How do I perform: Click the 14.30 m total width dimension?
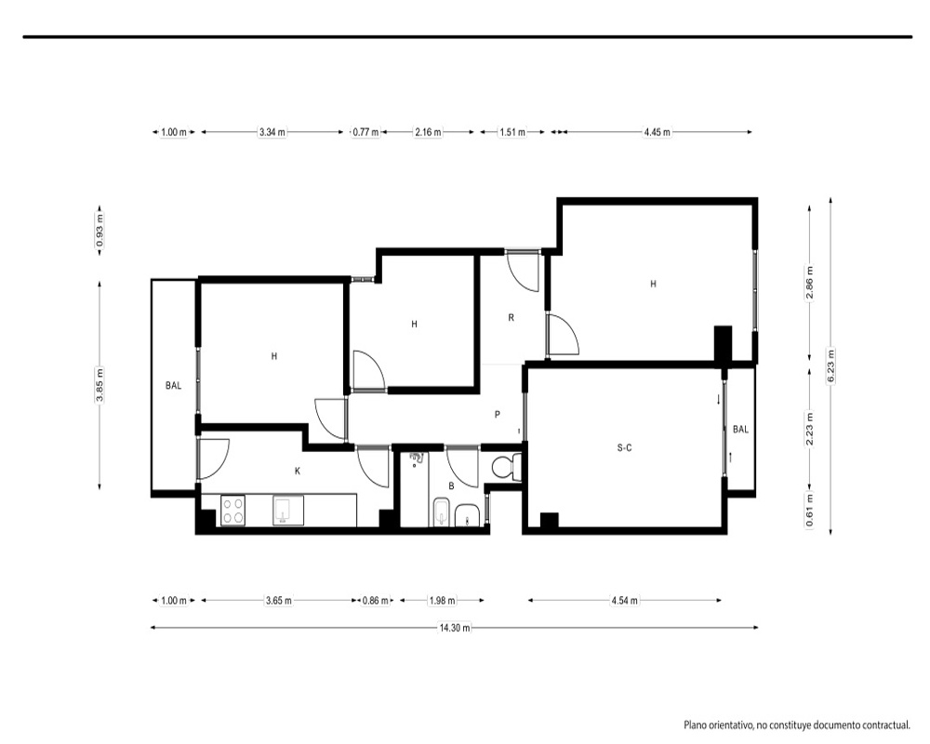pos(455,628)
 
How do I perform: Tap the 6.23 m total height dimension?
pos(830,366)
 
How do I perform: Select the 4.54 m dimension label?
pos(625,601)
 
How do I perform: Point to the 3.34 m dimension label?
pos(272,132)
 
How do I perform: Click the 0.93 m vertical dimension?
pos(100,231)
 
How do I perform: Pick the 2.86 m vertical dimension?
pos(810,283)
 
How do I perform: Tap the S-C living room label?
pos(625,448)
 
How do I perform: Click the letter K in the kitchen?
pos(298,472)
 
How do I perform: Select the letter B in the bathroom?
pos(451,485)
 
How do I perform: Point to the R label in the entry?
pos(511,317)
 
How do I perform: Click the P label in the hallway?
pos(497,415)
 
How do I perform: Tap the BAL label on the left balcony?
pos(173,386)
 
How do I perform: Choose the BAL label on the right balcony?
pos(741,429)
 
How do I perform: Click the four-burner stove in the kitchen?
pos(232,511)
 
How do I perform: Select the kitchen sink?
pos(288,511)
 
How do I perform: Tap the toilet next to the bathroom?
pos(506,466)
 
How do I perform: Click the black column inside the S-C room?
pos(550,520)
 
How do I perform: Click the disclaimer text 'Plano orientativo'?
pos(718,725)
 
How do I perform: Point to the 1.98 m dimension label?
pos(443,601)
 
